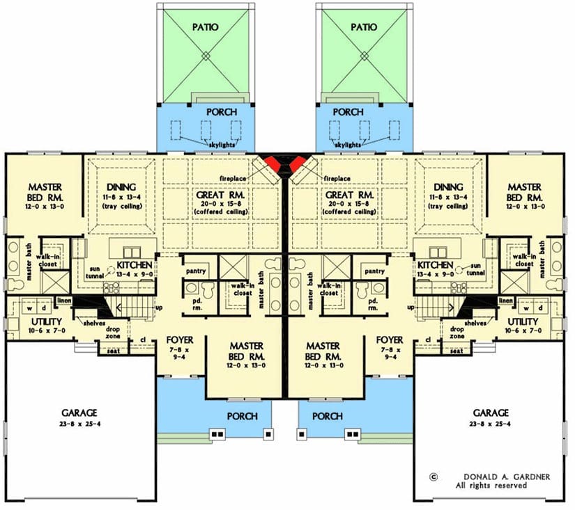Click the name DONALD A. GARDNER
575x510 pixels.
tap(496, 477)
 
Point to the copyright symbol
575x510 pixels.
tap(434, 477)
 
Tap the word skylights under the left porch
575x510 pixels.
tap(206, 144)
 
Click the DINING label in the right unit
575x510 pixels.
tap(447, 186)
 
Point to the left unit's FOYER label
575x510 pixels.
tap(180, 340)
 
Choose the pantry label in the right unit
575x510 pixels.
tap(374, 271)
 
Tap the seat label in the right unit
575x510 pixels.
tap(457, 351)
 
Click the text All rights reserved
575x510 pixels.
tap(496, 486)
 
